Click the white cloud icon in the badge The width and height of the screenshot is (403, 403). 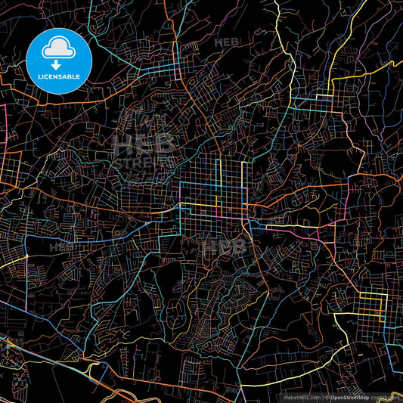57,48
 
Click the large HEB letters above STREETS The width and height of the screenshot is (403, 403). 144,142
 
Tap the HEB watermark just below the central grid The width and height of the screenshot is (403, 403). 223,246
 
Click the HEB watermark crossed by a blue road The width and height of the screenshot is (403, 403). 62,246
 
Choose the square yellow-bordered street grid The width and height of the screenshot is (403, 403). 371,303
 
